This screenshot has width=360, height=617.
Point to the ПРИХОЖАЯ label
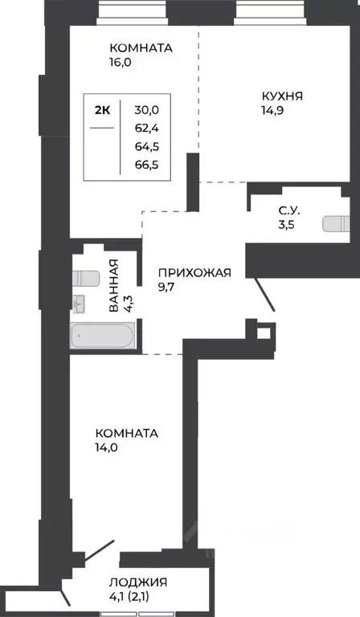(194, 272)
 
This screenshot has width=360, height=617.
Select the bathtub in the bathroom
(102, 336)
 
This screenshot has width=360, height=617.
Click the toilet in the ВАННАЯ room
(84, 278)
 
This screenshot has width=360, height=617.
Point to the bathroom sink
(78, 303)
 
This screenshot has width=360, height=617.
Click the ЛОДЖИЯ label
(138, 582)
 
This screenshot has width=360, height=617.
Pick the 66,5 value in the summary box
(146, 165)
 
